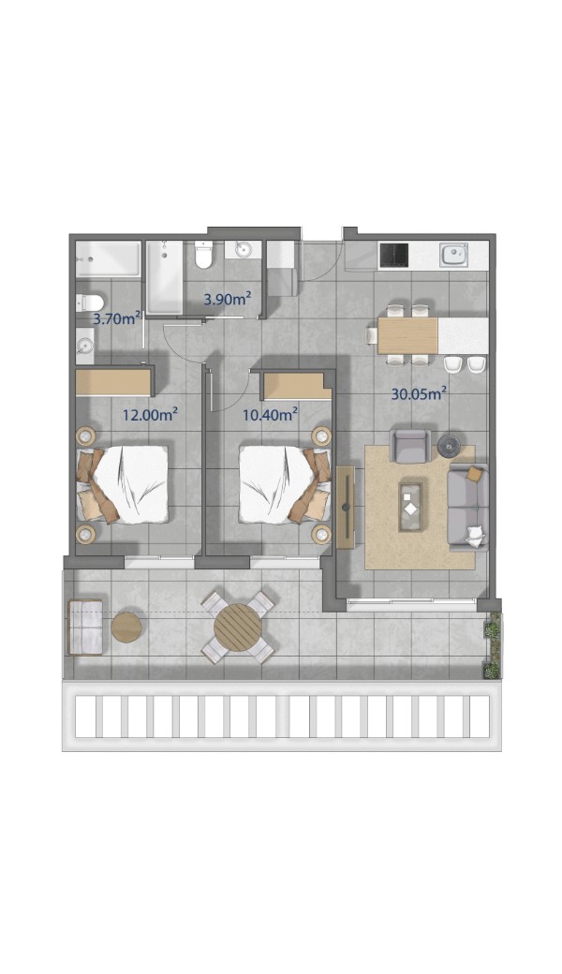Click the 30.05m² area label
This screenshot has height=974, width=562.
420,394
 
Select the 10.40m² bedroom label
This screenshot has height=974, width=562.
270,414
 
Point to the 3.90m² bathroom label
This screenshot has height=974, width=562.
228,299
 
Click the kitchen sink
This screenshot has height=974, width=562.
454,255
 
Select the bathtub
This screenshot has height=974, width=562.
165,277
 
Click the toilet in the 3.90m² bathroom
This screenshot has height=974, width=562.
203,254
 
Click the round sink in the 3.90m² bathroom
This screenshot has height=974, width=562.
243,250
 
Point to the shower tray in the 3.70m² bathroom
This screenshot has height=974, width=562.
108,258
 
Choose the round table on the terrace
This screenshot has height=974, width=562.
238,627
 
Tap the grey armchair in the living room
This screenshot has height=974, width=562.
410,446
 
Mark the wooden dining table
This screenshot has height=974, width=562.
408,335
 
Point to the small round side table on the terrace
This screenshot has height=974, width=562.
126,627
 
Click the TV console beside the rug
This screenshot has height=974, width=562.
346,507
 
